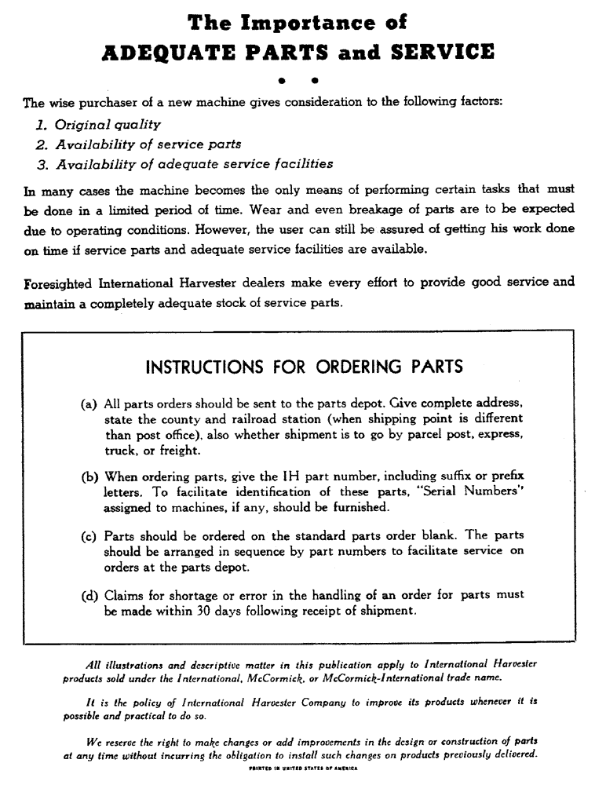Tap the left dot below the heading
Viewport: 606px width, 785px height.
(x=281, y=80)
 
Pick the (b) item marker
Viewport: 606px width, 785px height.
(x=89, y=476)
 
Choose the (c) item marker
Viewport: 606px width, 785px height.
(x=89, y=535)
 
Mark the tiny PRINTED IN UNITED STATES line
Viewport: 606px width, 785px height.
(x=302, y=769)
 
